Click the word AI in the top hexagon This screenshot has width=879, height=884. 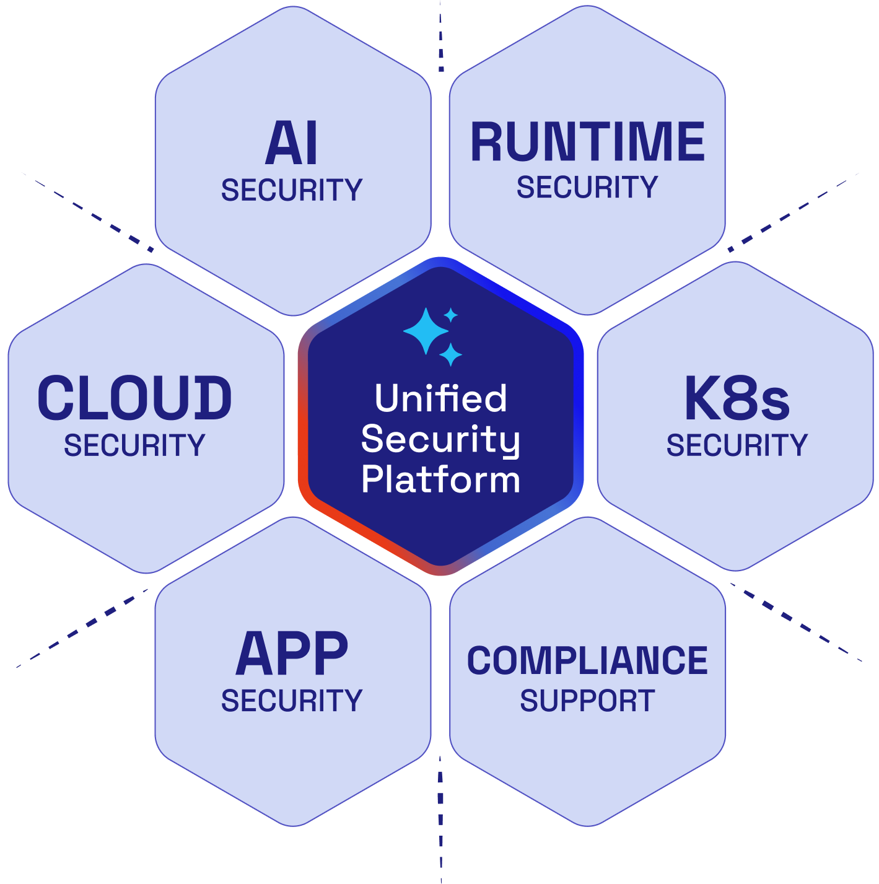291,144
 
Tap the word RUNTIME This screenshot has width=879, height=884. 587,142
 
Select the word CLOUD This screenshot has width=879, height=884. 134,398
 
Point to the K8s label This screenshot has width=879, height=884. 737,399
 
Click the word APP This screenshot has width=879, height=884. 292,654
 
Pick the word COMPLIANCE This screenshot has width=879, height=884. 587,660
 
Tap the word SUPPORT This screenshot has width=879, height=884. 587,701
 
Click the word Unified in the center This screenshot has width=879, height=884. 440,398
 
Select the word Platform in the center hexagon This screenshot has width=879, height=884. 440,479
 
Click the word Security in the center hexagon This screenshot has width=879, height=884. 440,439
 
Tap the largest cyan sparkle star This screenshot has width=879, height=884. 426,331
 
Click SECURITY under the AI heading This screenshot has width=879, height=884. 292,190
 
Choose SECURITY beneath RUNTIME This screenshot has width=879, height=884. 587,187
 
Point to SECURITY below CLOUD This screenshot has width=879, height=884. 134,445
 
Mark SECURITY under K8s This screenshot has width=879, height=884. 737,445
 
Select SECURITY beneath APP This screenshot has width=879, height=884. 292,701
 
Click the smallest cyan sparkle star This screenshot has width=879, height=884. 451,315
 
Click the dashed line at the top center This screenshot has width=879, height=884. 441,37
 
